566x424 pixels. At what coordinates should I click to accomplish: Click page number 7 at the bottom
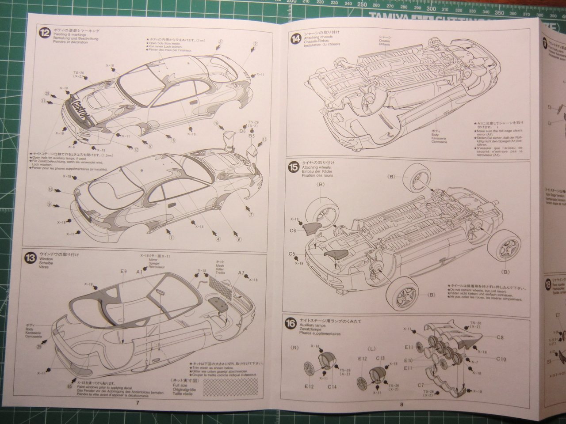click(x=138, y=403)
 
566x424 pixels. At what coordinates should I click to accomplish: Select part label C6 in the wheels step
click(x=293, y=231)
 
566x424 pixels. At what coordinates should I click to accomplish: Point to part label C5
click(x=292, y=254)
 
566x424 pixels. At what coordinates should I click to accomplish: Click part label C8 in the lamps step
click(x=500, y=337)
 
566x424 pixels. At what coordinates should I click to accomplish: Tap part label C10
click(x=501, y=359)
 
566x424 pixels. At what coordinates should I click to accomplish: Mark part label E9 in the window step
click(x=123, y=272)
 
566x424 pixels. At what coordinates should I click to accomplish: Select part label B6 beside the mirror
click(x=242, y=131)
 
